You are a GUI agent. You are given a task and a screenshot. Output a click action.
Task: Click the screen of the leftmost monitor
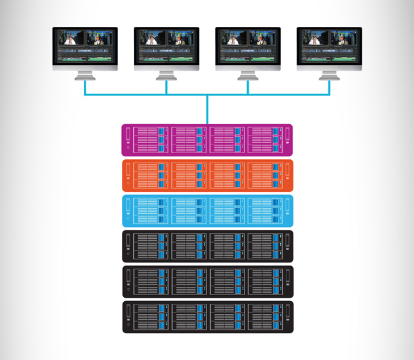[85, 46]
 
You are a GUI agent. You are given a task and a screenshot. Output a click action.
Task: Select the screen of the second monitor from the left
[166, 46]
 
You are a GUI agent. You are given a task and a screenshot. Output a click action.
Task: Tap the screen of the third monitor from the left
[248, 46]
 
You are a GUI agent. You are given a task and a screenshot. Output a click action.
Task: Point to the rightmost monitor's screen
[329, 46]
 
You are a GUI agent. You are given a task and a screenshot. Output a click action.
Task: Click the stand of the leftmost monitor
[85, 75]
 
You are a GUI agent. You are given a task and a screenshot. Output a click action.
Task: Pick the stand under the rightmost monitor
[329, 75]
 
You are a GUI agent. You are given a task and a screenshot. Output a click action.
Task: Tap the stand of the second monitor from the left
[166, 75]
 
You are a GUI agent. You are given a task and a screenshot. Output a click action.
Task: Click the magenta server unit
[207, 140]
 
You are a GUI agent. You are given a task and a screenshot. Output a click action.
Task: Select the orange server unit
[207, 176]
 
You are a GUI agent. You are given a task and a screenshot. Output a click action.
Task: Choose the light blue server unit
[207, 211]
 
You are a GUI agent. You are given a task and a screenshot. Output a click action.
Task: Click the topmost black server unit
[207, 246]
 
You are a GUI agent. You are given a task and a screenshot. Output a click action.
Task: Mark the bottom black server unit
[207, 317]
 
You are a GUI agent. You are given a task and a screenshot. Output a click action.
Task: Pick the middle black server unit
[207, 282]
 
